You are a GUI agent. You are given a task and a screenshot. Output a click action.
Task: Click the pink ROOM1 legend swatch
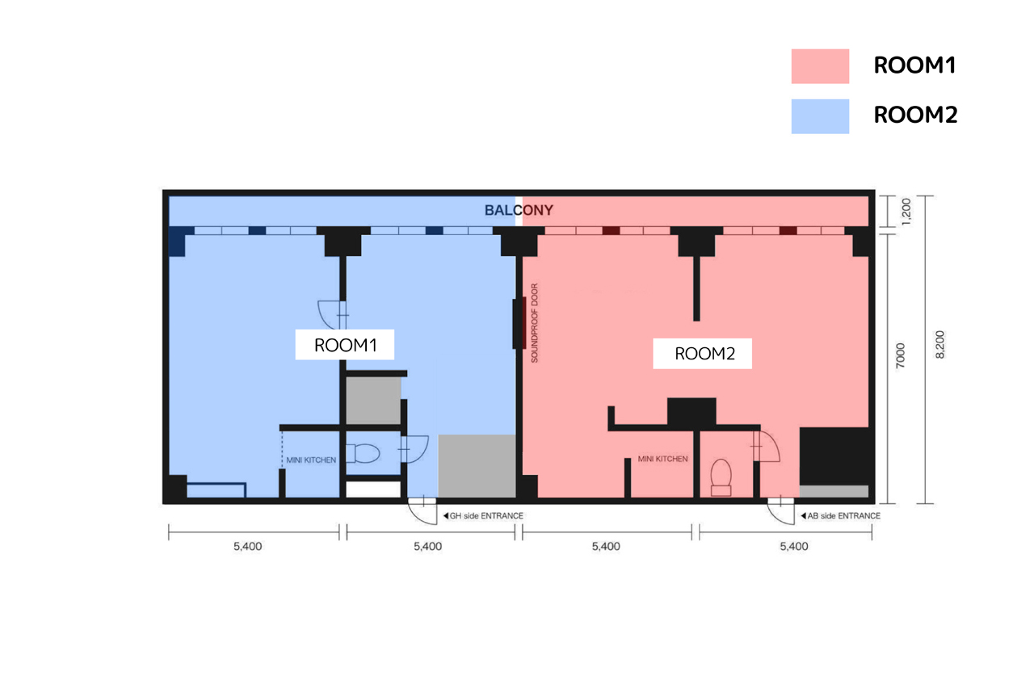tap(820, 66)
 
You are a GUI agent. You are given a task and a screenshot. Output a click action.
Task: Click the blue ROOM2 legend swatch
tap(820, 116)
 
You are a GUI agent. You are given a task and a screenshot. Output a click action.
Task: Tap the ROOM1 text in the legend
tap(914, 65)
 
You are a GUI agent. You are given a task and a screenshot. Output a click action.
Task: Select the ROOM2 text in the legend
tap(915, 115)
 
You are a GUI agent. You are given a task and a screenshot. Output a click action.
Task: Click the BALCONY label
tap(519, 211)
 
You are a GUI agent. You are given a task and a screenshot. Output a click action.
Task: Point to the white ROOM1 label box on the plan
tap(345, 344)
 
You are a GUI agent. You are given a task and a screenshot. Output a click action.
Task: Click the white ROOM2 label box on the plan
tap(702, 354)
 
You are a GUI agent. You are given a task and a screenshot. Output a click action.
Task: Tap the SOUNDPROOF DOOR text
tap(535, 323)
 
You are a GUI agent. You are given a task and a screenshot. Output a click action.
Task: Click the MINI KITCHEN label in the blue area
tap(311, 460)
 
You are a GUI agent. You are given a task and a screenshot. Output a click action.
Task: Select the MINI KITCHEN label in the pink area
tap(662, 459)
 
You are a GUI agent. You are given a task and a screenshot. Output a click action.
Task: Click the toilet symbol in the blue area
tap(363, 453)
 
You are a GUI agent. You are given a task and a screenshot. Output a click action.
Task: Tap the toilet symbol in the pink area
tap(721, 477)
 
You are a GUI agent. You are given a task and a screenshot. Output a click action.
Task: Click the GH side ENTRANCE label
tap(483, 515)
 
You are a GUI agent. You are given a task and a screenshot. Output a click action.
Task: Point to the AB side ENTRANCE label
tap(841, 515)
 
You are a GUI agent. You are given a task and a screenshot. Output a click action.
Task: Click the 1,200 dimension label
tap(906, 212)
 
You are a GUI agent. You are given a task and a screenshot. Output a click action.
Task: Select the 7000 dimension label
tap(900, 355)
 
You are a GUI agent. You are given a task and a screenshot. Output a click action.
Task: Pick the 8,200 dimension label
tap(939, 345)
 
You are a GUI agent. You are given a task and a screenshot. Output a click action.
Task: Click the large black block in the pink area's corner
tap(836, 456)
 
